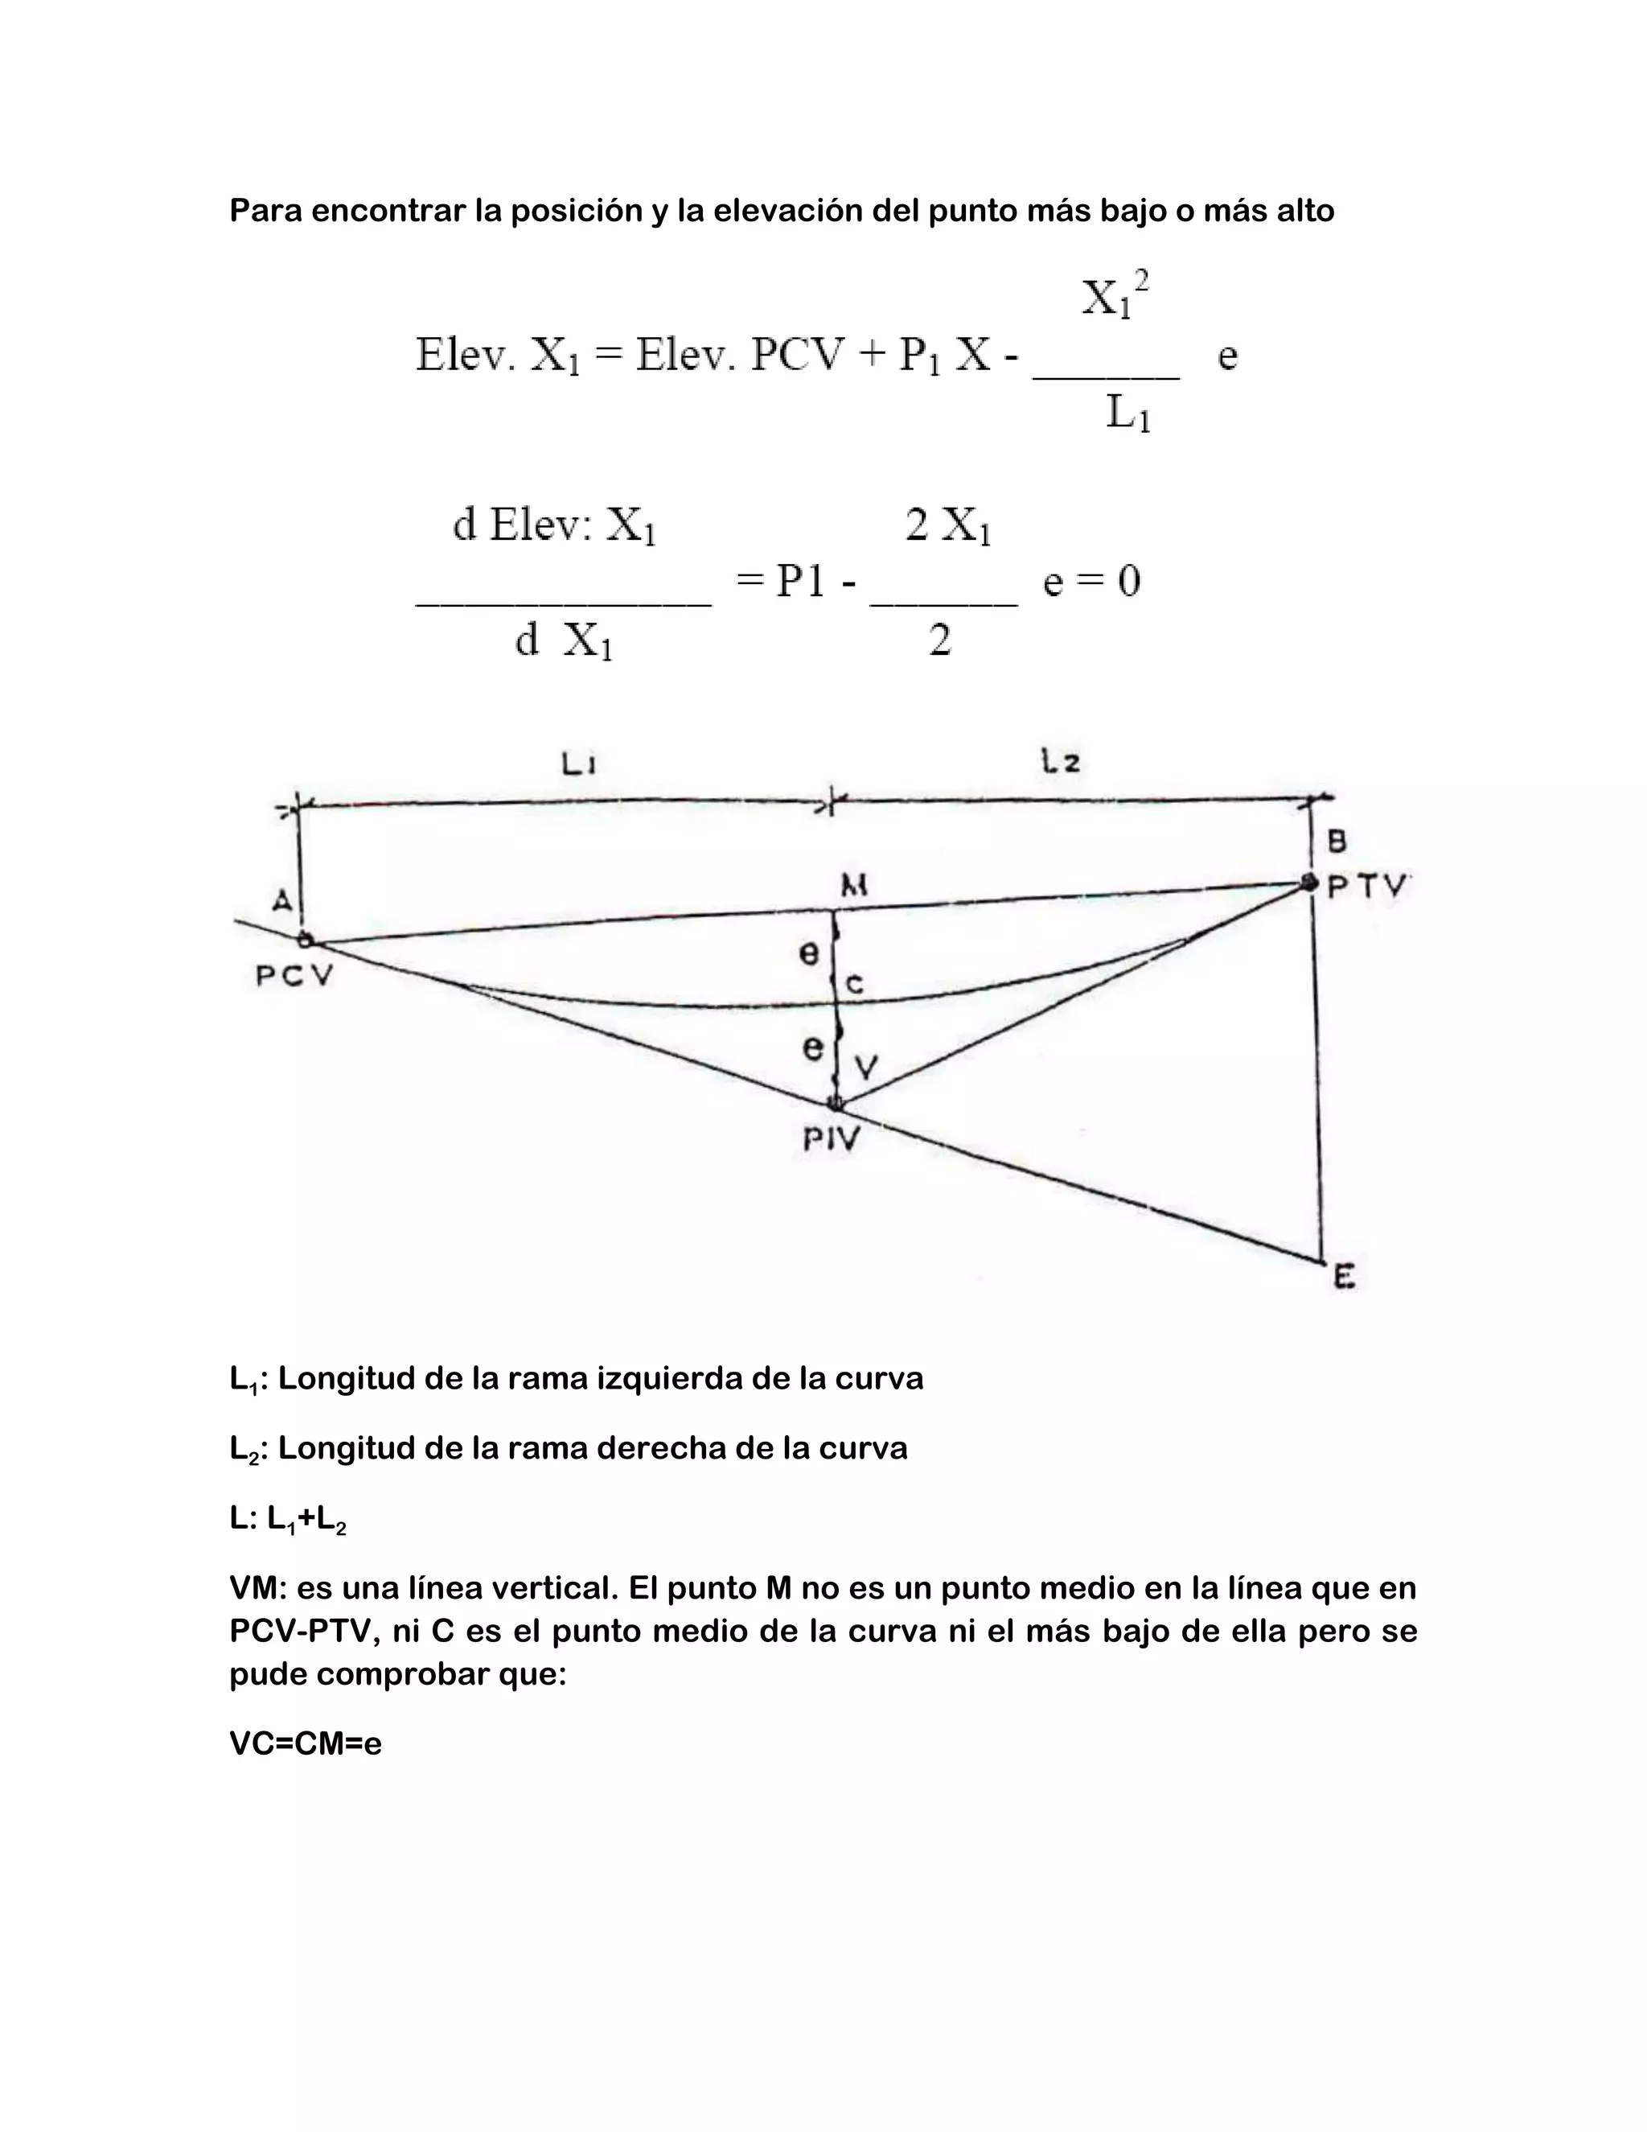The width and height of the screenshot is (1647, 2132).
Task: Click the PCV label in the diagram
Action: tap(294, 975)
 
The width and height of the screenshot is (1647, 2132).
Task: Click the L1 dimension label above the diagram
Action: tap(578, 763)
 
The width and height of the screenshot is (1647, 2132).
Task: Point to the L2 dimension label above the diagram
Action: tap(1060, 760)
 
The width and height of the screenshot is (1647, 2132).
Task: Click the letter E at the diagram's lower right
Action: tap(1345, 1276)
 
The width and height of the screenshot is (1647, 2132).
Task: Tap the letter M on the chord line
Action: tap(855, 887)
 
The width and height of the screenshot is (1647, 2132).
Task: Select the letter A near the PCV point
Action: tap(282, 900)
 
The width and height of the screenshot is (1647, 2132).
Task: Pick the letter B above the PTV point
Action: tap(1337, 841)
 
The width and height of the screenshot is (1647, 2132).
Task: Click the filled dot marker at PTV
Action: tap(1308, 883)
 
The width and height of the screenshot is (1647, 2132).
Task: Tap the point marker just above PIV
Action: tap(836, 1104)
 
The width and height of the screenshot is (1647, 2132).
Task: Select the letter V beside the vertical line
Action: tap(866, 1068)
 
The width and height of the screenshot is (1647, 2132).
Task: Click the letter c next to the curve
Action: tap(855, 985)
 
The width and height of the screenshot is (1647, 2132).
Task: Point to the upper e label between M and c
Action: tap(809, 953)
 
